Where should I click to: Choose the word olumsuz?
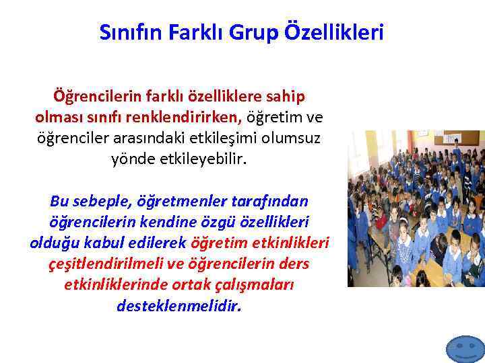(292, 138)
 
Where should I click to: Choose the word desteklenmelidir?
(179, 306)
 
